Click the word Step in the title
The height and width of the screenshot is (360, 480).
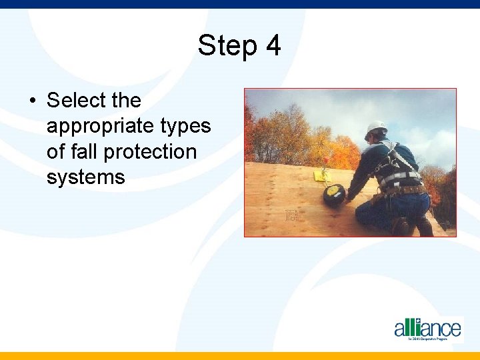[226, 47]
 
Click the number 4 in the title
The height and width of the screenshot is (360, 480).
[273, 46]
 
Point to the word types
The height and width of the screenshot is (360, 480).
[186, 126]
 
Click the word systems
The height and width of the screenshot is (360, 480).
[86, 177]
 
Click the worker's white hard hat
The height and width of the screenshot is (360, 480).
[377, 127]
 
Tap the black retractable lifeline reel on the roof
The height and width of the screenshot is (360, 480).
[333, 195]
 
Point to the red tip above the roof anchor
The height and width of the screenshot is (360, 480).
[325, 167]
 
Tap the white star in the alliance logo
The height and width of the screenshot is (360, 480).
[418, 321]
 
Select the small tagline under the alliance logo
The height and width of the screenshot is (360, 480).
[433, 339]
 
